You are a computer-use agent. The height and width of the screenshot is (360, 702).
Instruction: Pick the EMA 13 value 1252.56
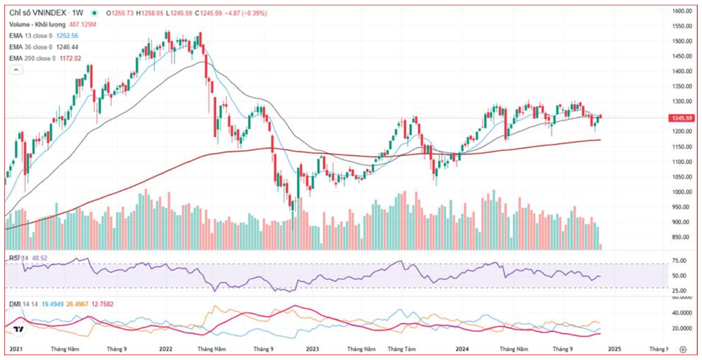[67, 35]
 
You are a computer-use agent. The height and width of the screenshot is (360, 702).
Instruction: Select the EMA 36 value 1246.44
[67, 47]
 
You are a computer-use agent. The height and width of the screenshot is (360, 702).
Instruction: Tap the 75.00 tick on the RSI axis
[679, 260]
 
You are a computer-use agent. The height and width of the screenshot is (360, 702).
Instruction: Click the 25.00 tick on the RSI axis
[679, 291]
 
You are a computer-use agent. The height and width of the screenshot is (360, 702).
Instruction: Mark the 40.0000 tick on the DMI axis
[681, 313]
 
